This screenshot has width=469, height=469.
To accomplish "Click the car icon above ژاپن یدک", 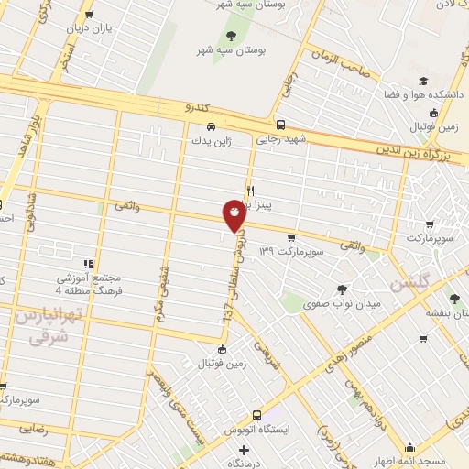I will coord(212,126).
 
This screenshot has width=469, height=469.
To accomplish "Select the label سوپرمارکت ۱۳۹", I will coord(292,250).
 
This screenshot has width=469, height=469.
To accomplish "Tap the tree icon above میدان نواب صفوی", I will coord(343,264).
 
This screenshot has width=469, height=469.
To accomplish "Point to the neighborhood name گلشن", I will coord(409,284).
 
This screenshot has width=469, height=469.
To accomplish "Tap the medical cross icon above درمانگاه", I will coord(244,450).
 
